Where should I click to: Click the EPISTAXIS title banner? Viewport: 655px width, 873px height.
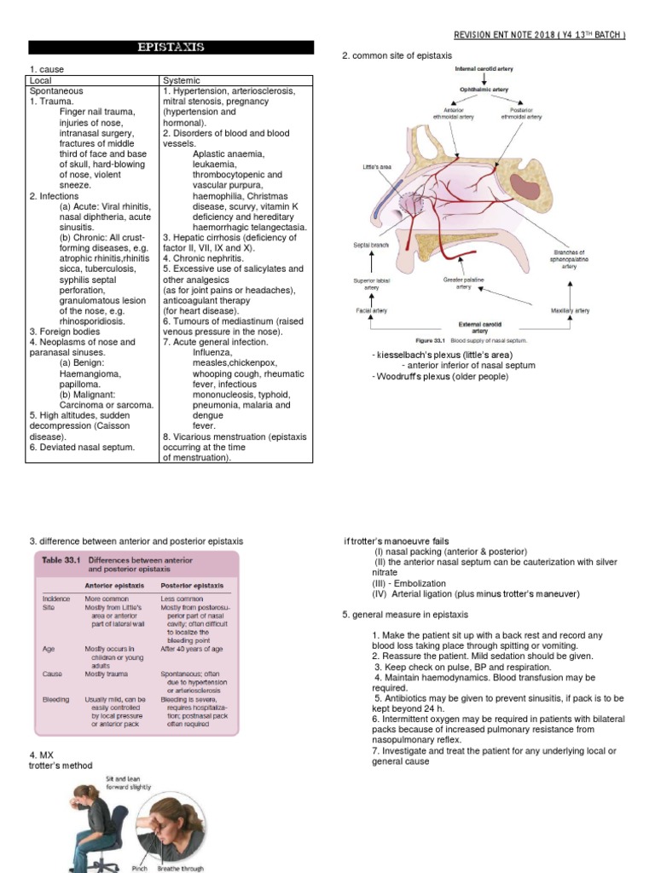point(171,48)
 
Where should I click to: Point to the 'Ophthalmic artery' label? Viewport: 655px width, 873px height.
point(484,89)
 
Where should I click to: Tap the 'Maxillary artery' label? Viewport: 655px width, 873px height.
point(571,311)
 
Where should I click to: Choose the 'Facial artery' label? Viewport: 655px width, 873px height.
point(371,311)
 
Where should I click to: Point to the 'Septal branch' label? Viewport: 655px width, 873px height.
point(371,245)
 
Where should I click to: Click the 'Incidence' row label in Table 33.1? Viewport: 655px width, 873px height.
point(56,599)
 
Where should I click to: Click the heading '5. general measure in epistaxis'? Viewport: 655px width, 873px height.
point(404,615)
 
